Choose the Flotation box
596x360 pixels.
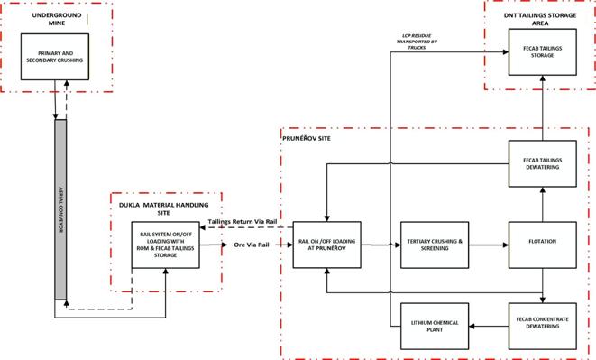tap(543, 243)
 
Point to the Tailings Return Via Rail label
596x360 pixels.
tap(241, 220)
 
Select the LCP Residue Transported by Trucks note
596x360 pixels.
tap(420, 41)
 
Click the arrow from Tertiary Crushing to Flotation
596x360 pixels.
tap(488, 244)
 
